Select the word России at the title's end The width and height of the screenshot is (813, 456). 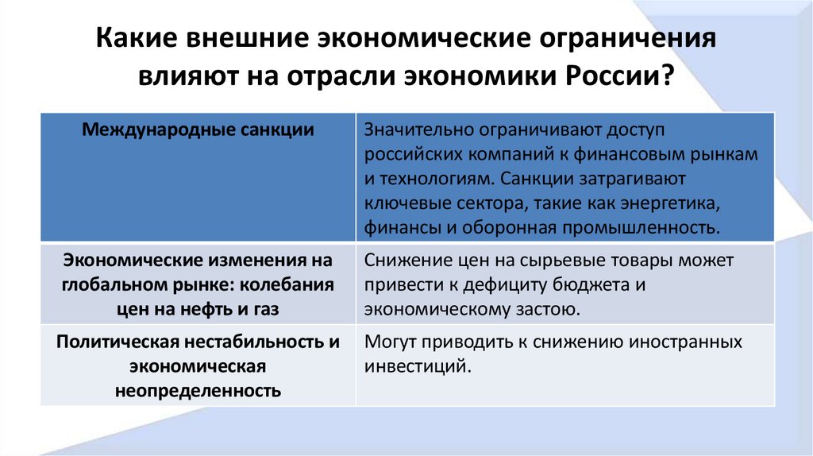[x=627, y=79]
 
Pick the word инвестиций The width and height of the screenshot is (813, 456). [x=412, y=367]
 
